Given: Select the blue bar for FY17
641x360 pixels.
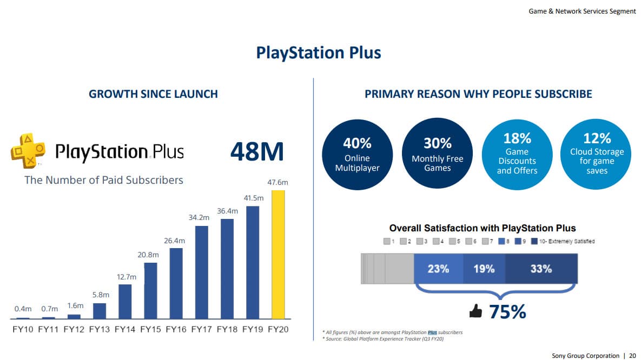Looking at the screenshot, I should (201, 272).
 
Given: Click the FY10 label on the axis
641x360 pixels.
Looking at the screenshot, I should (23, 329).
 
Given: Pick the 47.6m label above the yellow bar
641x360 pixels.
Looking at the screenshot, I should (278, 183).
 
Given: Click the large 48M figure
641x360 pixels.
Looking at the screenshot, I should (257, 152).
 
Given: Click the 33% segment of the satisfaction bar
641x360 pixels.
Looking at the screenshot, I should (541, 269).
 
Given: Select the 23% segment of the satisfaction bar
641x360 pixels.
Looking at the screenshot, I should (438, 269).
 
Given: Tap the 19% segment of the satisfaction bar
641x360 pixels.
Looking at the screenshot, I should (484, 269).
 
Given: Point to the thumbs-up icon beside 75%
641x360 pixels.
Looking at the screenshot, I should (475, 311).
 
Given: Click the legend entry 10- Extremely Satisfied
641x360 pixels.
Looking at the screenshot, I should (567, 241).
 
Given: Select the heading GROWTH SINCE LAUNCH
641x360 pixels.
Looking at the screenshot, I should (153, 94).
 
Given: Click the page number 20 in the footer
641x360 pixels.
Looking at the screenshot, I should (632, 356).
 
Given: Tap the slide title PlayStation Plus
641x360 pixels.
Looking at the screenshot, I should (319, 53).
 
